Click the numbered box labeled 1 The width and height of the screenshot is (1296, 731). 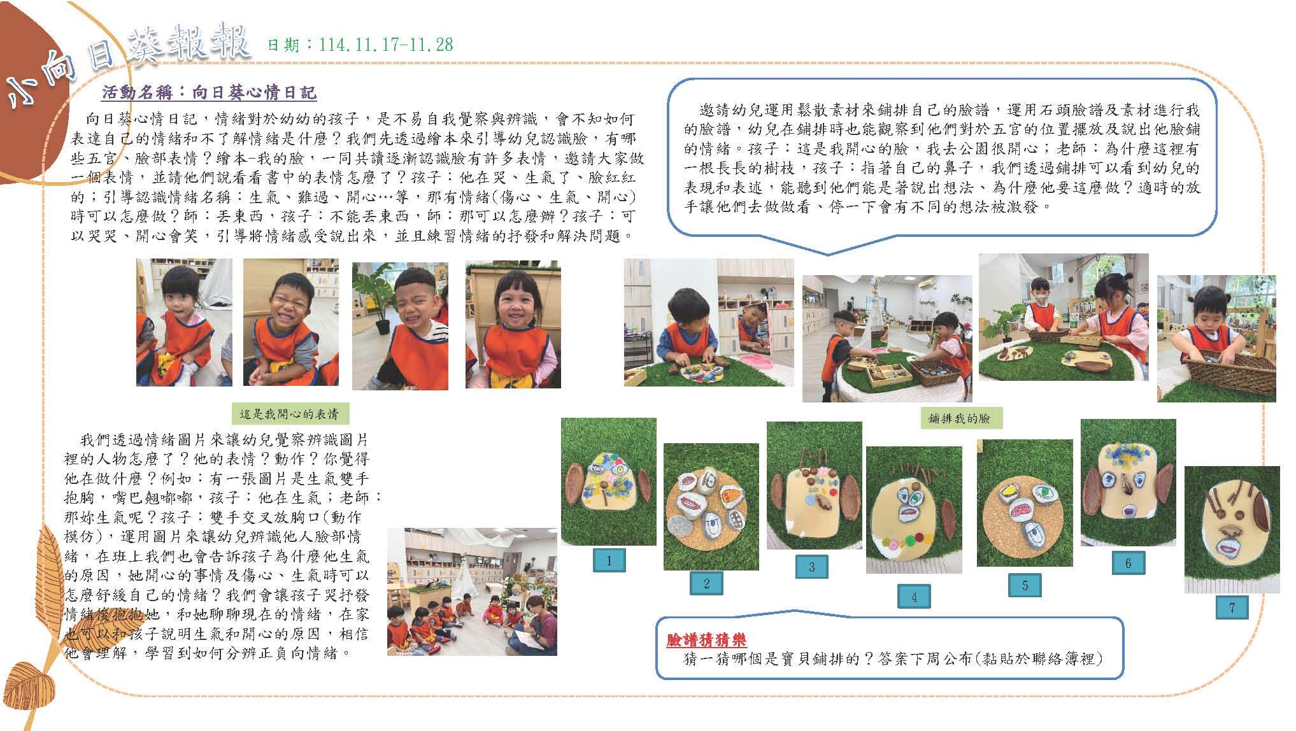[x=609, y=560]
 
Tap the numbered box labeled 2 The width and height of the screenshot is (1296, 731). [x=707, y=583]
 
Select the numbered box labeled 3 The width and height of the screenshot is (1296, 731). [x=811, y=567]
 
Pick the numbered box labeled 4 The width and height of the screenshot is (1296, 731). [x=914, y=597]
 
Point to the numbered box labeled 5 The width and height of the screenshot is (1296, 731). [x=1025, y=585]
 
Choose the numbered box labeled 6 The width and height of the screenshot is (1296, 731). [x=1128, y=564]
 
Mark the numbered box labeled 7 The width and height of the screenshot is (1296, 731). [x=1231, y=607]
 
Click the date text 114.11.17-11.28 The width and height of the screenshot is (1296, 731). [x=386, y=45]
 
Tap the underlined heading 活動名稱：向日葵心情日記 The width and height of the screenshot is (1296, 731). [x=209, y=94]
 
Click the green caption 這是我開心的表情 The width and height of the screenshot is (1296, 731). [x=288, y=415]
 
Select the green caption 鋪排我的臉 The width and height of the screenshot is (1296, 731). [x=960, y=418]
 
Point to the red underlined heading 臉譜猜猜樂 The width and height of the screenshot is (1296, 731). [x=706, y=640]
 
